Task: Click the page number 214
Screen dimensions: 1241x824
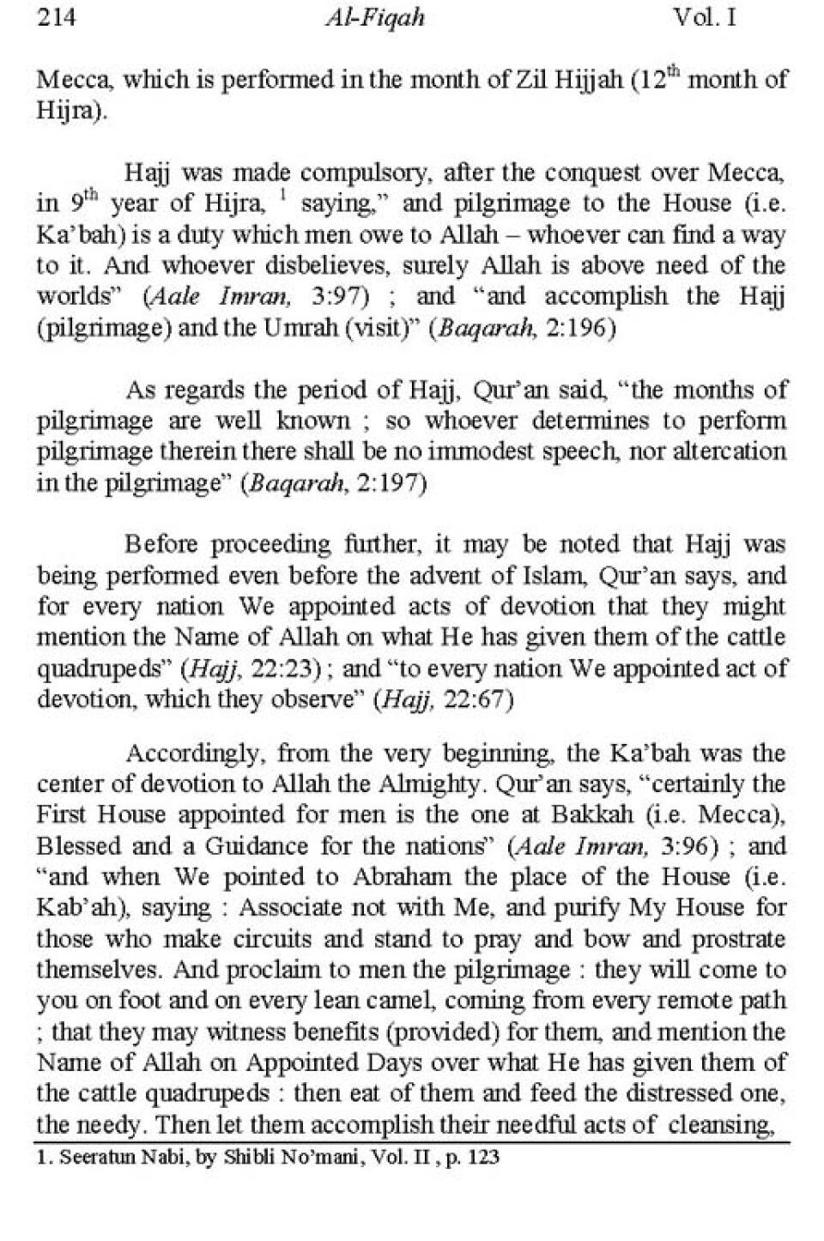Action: pyautogui.click(x=56, y=17)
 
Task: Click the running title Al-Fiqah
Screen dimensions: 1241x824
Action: pyautogui.click(x=375, y=18)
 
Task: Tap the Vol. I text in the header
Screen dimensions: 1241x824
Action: pyautogui.click(x=705, y=17)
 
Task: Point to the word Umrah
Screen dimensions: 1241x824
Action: pyautogui.click(x=303, y=329)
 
